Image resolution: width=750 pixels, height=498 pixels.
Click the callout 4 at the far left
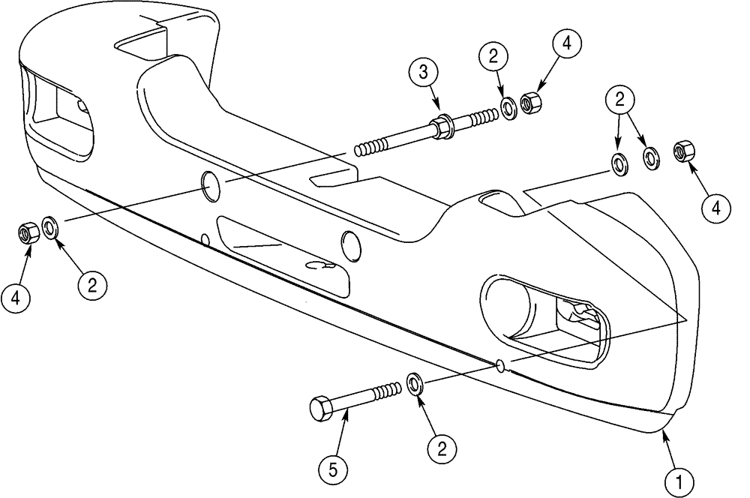pyautogui.click(x=16, y=300)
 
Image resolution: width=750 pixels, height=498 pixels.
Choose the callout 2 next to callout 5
pyautogui.click(x=442, y=450)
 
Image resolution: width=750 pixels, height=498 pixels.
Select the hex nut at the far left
pyautogui.click(x=28, y=234)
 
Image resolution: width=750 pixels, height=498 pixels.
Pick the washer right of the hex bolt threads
pyautogui.click(x=415, y=383)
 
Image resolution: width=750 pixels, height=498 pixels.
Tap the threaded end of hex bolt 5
pyautogui.click(x=387, y=391)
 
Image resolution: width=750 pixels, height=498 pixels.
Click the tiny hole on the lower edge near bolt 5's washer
pyautogui.click(x=499, y=366)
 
